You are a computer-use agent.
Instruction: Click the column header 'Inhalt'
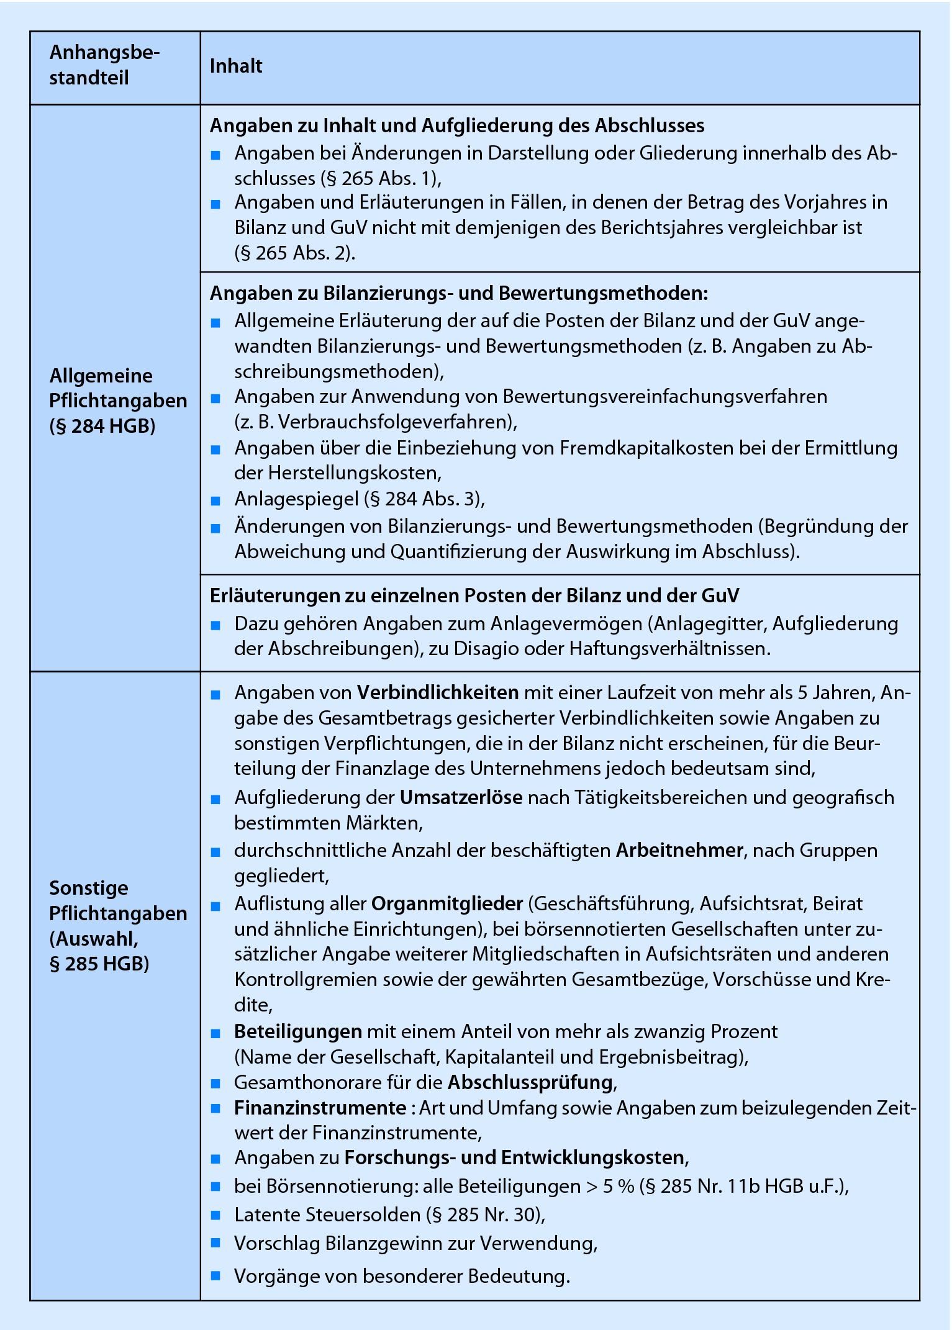(x=236, y=66)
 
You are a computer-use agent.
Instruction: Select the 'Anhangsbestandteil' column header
(x=104, y=65)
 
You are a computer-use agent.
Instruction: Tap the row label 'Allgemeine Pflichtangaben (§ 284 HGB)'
(x=117, y=401)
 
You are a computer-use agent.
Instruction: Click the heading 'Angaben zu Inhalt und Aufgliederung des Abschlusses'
(x=457, y=126)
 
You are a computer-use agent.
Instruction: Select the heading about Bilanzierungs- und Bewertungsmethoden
(x=459, y=294)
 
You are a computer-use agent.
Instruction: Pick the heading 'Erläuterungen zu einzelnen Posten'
(x=474, y=596)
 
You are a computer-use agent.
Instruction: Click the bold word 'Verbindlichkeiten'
(x=438, y=693)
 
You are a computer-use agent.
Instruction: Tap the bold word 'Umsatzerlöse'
(x=461, y=798)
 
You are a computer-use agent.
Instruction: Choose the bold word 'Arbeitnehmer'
(x=679, y=851)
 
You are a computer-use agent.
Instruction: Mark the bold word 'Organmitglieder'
(x=447, y=904)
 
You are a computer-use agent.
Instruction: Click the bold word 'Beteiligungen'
(x=298, y=1032)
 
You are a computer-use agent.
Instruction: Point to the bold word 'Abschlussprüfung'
(x=530, y=1083)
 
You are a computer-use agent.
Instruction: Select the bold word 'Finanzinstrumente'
(x=320, y=1108)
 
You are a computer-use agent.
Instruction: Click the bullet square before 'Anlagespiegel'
(x=216, y=500)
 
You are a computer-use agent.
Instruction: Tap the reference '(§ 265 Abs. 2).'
(x=295, y=253)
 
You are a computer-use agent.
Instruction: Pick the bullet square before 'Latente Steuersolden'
(x=216, y=1215)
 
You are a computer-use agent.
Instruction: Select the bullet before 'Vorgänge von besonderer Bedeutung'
(x=216, y=1277)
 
